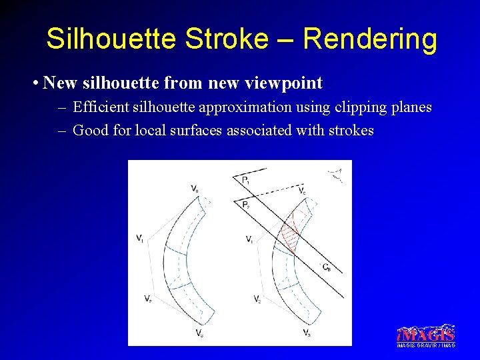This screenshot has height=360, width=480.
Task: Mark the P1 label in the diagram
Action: tap(245, 180)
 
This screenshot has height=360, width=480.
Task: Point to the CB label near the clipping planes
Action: tap(326, 267)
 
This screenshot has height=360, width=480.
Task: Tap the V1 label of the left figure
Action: tap(139, 238)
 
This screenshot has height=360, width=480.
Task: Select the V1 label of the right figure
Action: tap(249, 239)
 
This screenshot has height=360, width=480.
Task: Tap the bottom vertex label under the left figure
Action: tap(199, 332)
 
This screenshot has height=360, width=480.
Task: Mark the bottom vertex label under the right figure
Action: tap(305, 332)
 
